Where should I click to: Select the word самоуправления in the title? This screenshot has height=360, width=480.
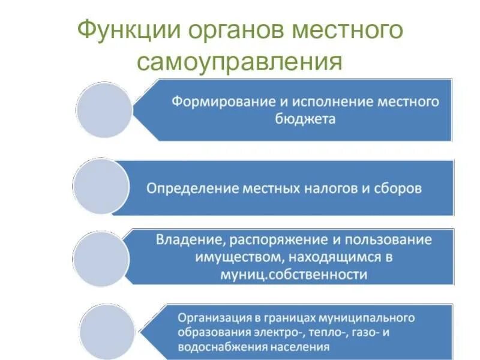[x=239, y=61]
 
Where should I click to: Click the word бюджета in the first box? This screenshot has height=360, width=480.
[x=305, y=118]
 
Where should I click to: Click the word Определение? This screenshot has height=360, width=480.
[x=191, y=188]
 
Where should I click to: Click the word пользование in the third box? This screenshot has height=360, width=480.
[x=390, y=240]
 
